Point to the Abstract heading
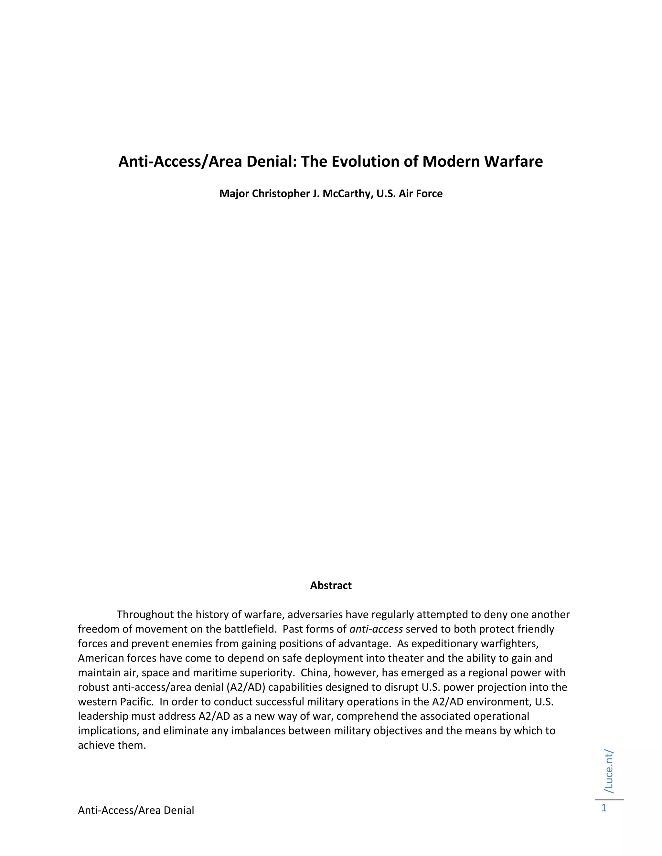point(331,585)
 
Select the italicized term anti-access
point(376,629)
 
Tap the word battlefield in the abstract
point(250,629)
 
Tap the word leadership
point(103,716)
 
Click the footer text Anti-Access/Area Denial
point(136,810)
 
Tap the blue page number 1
point(604,808)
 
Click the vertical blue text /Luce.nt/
point(609,772)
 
